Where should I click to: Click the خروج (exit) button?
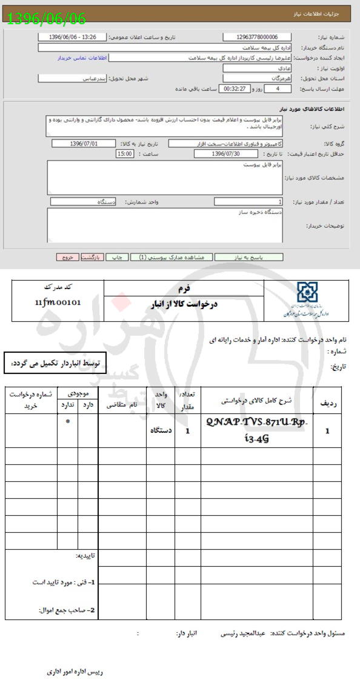pyautogui.click(x=67, y=257)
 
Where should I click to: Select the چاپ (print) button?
pyautogui.click(x=118, y=257)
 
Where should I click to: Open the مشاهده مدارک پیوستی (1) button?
pyautogui.click(x=172, y=257)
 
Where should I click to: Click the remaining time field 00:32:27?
pyautogui.click(x=233, y=88)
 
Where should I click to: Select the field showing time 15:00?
pyautogui.click(x=125, y=154)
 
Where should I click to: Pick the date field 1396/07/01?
pyautogui.click(x=84, y=144)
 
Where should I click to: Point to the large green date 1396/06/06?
pyautogui.click(x=46, y=18)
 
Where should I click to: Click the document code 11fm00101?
pyautogui.click(x=58, y=302)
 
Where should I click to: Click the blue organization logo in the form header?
pyautogui.click(x=307, y=293)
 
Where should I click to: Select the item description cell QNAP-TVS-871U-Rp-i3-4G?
pyautogui.click(x=257, y=430)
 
